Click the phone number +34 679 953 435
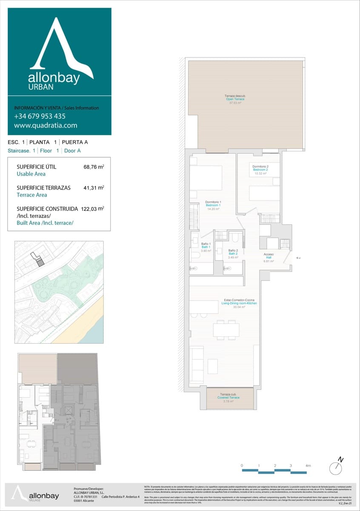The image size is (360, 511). [x=40, y=116]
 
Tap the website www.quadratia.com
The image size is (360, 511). [x=46, y=126]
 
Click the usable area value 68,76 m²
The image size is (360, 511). [x=94, y=167]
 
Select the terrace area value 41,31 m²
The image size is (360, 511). [x=94, y=188]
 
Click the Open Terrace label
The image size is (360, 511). [x=235, y=99]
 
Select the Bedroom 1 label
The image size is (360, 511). [x=213, y=205]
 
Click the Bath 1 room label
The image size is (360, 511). [x=206, y=247]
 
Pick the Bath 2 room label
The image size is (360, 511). [x=232, y=254]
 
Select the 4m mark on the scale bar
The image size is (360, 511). [x=308, y=466]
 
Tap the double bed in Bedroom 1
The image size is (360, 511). [x=206, y=178]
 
